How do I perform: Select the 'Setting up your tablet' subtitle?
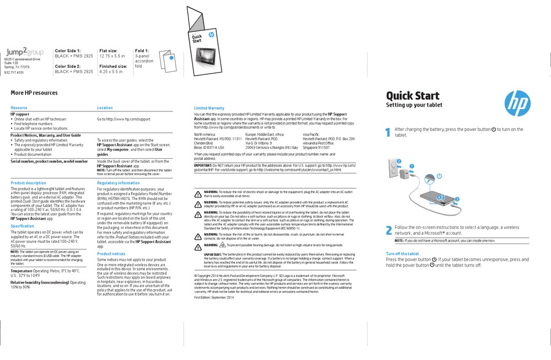click(414, 105)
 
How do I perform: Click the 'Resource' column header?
click(19, 108)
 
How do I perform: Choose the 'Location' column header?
click(105, 108)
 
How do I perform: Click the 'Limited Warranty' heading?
click(209, 108)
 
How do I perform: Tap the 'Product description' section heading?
click(28, 183)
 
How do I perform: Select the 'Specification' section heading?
click(23, 226)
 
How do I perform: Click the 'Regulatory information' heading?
click(118, 183)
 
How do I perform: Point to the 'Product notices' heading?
click(111, 254)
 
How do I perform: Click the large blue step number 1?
click(389, 133)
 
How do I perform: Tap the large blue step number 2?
click(389, 230)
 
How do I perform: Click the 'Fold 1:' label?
click(142, 51)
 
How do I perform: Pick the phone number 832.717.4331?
click(14, 72)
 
